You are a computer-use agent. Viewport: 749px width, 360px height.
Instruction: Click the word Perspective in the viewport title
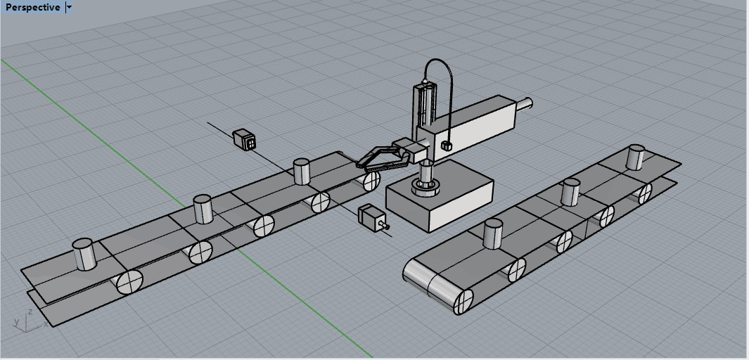coord(33,7)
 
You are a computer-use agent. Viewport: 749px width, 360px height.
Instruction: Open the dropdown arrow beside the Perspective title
coord(69,7)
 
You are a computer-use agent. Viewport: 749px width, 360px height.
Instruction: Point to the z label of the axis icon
coord(30,311)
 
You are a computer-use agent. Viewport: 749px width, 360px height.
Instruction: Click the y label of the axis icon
coord(17,322)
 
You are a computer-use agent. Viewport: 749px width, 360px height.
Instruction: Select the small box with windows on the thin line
coord(245,139)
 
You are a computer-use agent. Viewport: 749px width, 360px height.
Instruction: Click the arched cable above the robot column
coord(439,86)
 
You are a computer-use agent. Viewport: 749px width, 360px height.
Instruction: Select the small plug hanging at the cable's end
coord(446,146)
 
